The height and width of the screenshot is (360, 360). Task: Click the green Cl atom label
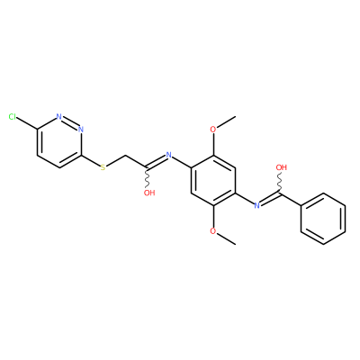tap(13, 117)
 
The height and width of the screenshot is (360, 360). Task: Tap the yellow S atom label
tap(103, 167)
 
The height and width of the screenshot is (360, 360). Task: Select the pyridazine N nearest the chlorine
tap(59, 117)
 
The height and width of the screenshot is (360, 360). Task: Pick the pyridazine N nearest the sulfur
tap(80, 130)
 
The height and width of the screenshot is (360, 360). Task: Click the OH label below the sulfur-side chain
tap(149, 193)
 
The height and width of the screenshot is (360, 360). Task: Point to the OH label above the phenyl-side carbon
tap(282, 167)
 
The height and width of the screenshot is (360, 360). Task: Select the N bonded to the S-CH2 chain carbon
tap(169, 155)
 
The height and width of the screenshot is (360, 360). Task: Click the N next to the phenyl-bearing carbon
tap(256, 205)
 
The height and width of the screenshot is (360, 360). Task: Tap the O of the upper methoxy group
tap(213, 130)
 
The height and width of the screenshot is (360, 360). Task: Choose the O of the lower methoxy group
tap(213, 231)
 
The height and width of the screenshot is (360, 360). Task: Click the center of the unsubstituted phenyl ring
tap(323, 219)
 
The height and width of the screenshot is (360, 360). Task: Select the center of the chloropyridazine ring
tap(59, 142)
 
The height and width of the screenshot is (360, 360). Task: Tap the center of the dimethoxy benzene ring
tap(213, 180)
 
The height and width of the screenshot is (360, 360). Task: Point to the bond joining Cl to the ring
tap(27, 123)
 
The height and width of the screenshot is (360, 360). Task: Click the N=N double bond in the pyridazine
tap(70, 122)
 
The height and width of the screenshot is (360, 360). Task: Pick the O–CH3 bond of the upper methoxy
tap(226, 122)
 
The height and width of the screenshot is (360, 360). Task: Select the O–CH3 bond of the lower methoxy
tap(226, 238)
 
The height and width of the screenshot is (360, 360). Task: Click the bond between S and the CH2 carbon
tap(116, 160)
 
